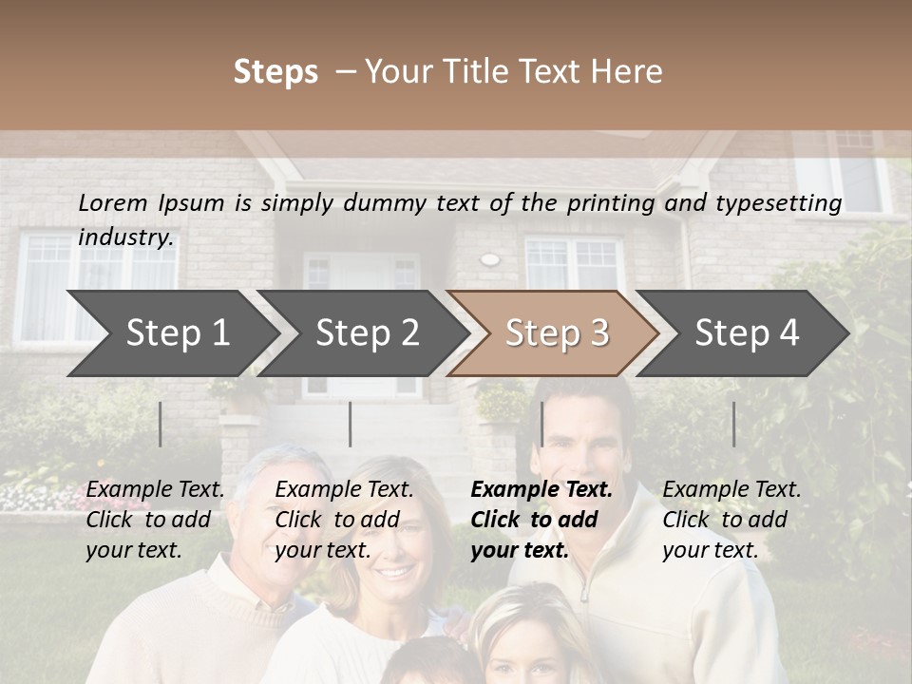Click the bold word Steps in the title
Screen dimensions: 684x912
click(x=275, y=72)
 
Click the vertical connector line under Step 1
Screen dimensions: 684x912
click(x=160, y=424)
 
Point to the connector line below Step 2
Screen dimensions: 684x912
click(x=350, y=424)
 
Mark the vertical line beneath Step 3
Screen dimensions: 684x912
click(x=541, y=424)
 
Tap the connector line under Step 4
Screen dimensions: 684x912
click(x=733, y=424)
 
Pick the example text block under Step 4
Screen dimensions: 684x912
click(x=731, y=520)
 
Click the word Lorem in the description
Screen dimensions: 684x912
click(x=113, y=202)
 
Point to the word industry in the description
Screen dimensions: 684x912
click(x=125, y=237)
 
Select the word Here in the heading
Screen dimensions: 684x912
click(x=627, y=72)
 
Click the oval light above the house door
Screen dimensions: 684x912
click(x=489, y=258)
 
